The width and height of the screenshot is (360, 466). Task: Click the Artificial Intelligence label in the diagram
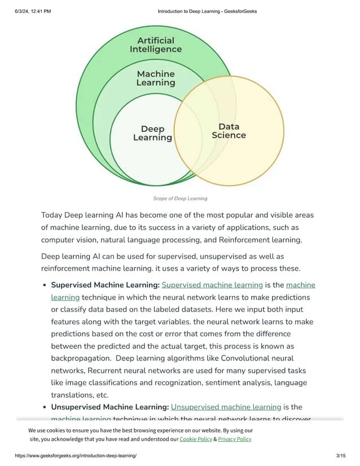point(156,45)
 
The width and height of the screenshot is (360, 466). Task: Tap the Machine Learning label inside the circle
point(156,78)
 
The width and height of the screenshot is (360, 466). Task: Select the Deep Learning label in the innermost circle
point(152,133)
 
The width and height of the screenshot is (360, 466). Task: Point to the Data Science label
point(229,131)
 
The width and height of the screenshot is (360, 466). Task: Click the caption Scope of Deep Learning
point(180,199)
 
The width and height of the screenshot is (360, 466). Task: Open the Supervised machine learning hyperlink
point(212,285)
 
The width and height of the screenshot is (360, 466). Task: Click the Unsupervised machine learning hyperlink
point(226,407)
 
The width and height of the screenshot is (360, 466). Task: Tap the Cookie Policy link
point(196,439)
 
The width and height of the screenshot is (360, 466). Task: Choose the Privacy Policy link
point(235,439)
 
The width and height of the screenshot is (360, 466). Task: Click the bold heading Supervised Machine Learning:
point(105,285)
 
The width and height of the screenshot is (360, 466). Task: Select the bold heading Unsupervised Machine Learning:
point(109,407)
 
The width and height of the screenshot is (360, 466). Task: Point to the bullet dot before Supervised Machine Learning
point(44,285)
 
